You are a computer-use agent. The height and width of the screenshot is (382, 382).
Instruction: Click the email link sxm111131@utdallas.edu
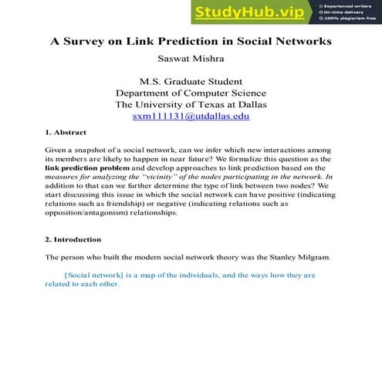click(191, 117)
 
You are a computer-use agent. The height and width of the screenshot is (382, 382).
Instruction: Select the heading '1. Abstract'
click(66, 133)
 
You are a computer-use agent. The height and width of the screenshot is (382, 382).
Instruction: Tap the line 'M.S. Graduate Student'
click(191, 81)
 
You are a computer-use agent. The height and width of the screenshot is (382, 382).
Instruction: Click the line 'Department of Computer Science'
click(191, 93)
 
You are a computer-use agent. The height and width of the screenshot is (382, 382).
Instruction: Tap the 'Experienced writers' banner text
click(349, 5)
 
